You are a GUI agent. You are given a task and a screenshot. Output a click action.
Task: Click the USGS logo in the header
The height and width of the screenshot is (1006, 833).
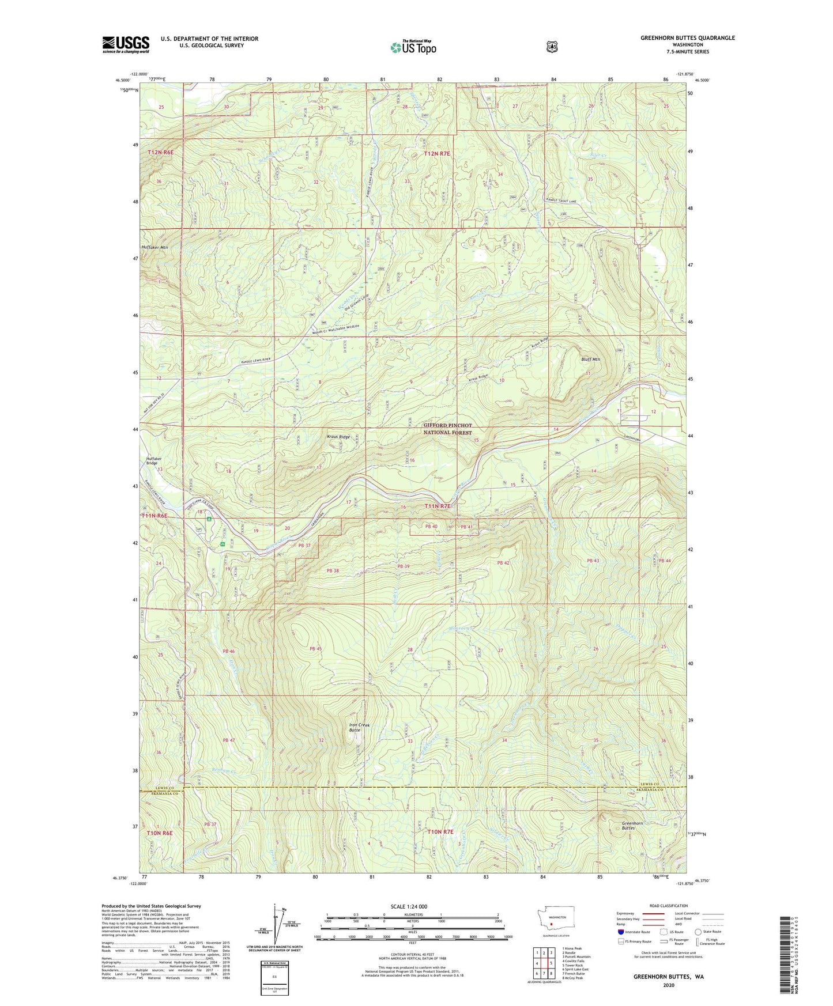[x=126, y=44]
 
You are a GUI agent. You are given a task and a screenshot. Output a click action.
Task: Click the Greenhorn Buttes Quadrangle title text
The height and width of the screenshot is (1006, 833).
[x=687, y=38]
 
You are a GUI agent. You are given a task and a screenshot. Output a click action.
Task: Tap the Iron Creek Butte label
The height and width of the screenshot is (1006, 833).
[x=359, y=727]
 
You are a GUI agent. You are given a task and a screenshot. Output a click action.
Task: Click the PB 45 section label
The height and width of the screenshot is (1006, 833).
[x=315, y=649]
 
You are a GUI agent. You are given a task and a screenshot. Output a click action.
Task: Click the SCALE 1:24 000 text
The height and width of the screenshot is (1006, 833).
[x=409, y=906]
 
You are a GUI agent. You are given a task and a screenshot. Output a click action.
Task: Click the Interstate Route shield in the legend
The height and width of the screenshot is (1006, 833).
[x=620, y=932]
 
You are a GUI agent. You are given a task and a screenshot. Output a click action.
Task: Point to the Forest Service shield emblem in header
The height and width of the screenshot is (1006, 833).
[x=552, y=46]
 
